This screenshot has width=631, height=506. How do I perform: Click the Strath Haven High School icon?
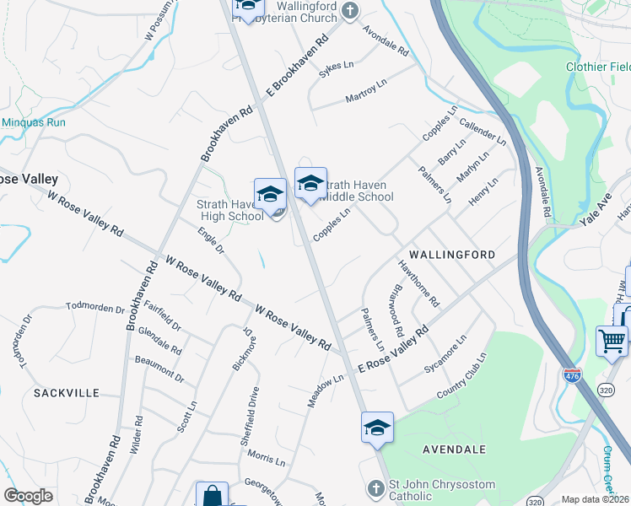270,194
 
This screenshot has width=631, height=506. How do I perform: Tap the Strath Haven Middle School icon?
310,183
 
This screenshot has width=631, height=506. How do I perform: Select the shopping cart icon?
612,342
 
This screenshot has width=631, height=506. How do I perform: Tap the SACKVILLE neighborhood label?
67,393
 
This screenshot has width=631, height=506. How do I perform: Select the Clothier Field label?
598,67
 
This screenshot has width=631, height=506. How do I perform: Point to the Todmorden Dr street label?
95,308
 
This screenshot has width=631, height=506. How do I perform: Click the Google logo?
28,496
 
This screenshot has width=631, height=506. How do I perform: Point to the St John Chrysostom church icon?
377,488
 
